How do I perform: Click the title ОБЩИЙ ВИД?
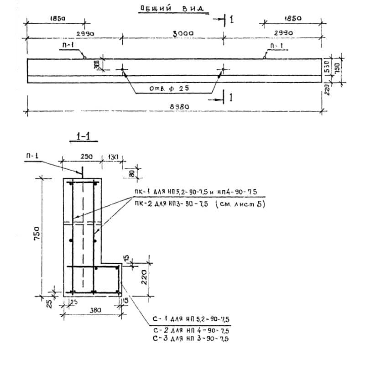tap(171, 8)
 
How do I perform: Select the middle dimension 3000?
tap(184, 33)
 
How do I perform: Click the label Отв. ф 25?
tap(169, 88)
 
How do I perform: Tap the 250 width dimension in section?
tap(87, 156)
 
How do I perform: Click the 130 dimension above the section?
tap(112, 157)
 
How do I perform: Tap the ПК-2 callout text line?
tap(198, 204)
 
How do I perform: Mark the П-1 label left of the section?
tap(32, 156)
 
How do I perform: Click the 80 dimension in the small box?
tap(132, 173)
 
